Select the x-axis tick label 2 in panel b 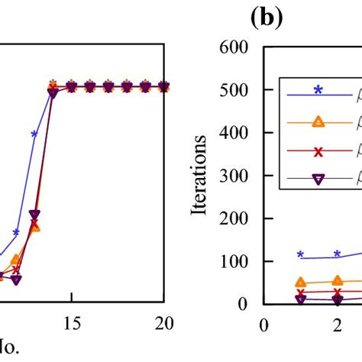[337, 323]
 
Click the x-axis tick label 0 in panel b [264, 323]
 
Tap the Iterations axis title [202, 176]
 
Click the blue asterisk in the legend [318, 89]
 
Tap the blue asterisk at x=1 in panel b [300, 255]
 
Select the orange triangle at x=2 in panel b [337, 281]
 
